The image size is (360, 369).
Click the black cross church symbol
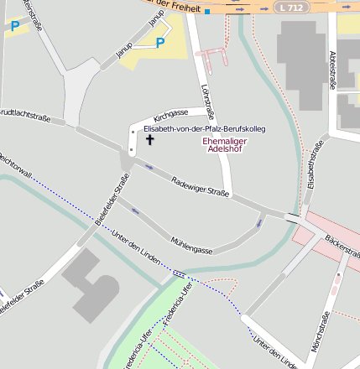[151, 139]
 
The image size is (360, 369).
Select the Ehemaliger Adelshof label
[225, 146]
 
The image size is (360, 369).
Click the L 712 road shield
[289, 7]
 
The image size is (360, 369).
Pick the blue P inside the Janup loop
[160, 43]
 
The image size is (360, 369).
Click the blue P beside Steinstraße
[14, 26]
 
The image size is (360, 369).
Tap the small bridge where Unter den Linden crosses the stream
[179, 273]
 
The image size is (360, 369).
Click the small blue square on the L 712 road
[206, 12]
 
